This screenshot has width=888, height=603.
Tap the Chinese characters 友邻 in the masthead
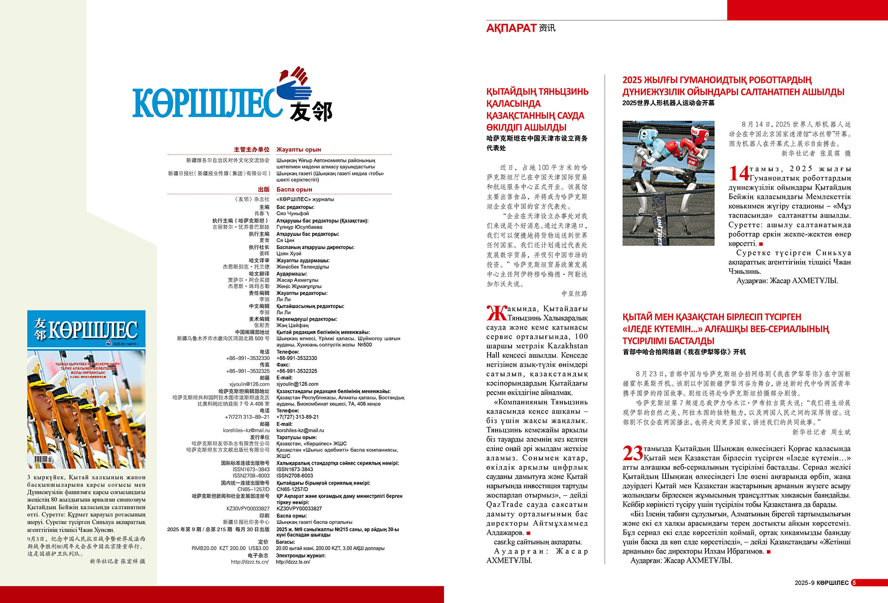(311, 112)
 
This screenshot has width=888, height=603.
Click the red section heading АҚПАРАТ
(511, 28)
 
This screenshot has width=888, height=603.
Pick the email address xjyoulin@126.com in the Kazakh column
(297, 384)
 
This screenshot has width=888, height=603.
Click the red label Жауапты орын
(299, 149)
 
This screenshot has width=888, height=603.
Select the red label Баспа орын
(294, 189)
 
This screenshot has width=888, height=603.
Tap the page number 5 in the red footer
(854, 583)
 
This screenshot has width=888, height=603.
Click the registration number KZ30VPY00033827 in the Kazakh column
(299, 509)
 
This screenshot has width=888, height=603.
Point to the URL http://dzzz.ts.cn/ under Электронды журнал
(293, 562)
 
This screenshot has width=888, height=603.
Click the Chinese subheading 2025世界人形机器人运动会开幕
(668, 103)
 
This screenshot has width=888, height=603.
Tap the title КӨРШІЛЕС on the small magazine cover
(92, 330)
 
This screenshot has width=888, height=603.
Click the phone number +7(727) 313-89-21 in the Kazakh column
(297, 417)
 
